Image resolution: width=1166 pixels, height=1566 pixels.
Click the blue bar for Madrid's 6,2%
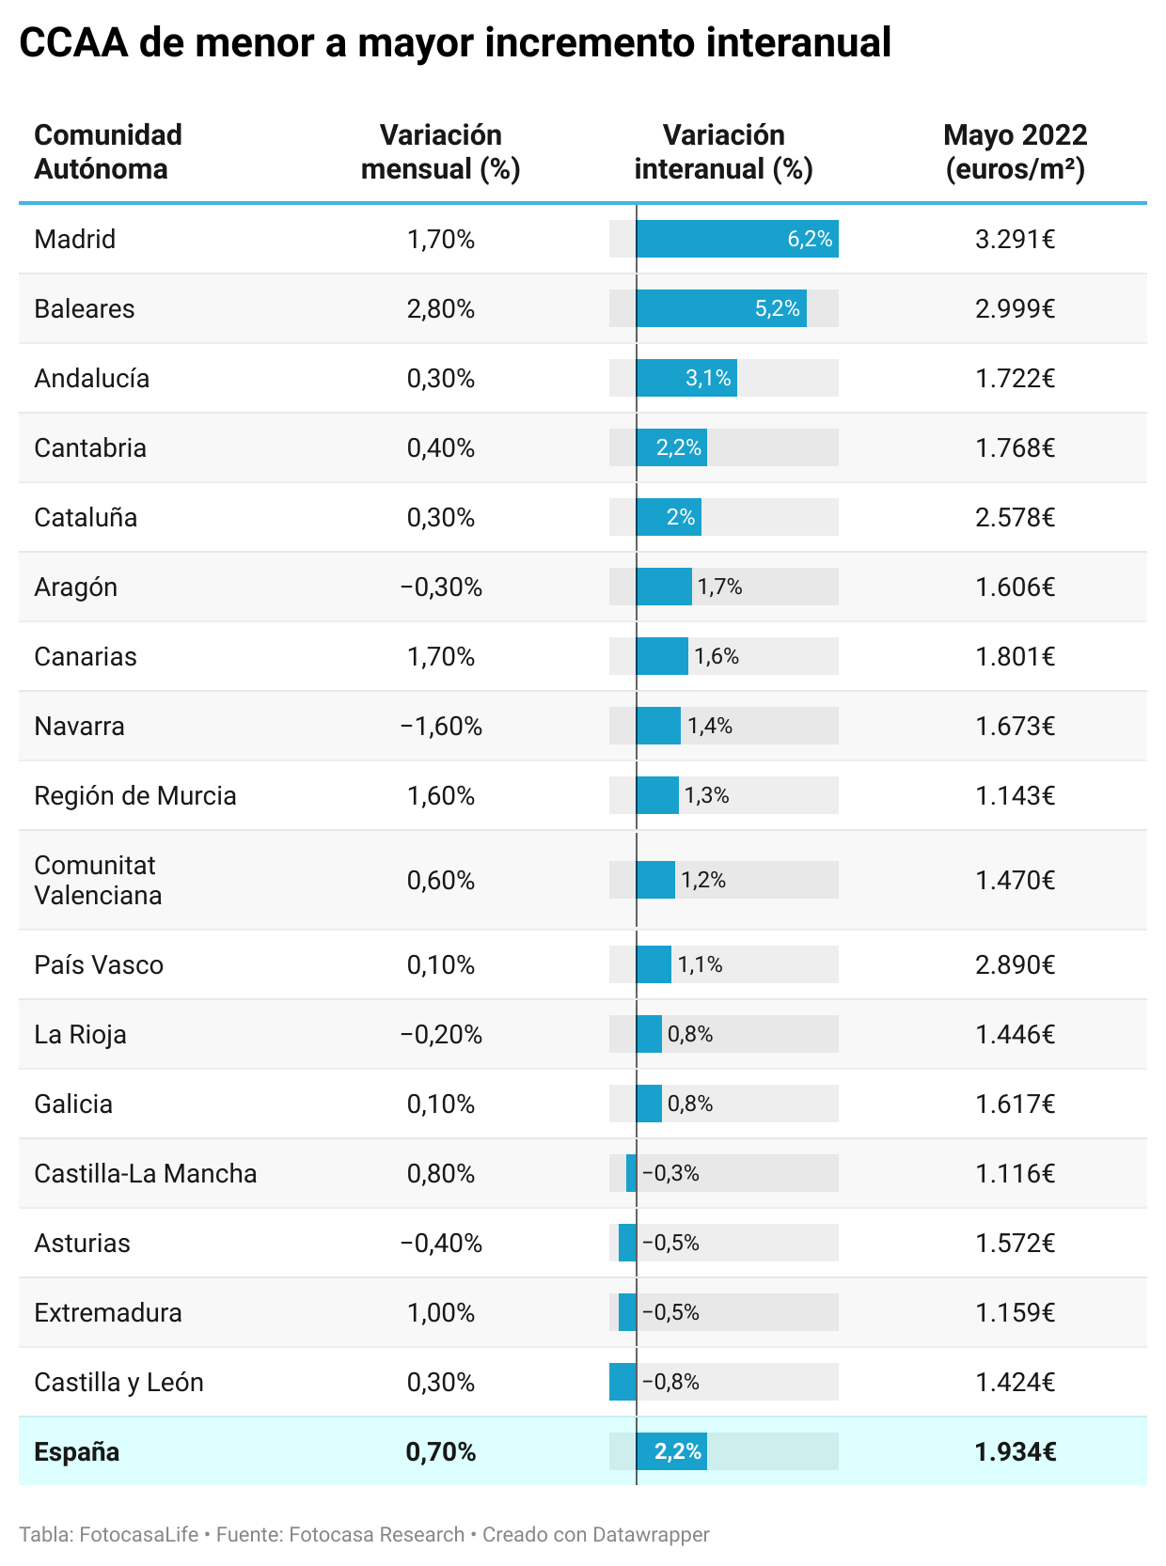click(737, 239)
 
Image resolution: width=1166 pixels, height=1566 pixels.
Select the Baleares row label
click(85, 308)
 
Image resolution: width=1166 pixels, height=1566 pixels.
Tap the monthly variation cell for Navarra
click(441, 726)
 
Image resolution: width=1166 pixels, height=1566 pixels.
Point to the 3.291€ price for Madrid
click(1015, 239)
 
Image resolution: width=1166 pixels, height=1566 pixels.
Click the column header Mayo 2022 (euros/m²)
click(1015, 151)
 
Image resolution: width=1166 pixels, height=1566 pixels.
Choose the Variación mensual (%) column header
click(441, 151)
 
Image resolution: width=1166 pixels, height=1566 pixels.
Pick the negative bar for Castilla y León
click(622, 1382)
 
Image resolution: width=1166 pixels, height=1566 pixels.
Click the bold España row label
click(77, 1451)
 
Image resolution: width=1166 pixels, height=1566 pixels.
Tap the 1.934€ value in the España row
click(1015, 1451)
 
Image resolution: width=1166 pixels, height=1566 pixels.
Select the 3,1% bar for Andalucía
click(686, 378)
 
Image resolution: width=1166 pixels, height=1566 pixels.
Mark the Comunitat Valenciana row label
click(98, 880)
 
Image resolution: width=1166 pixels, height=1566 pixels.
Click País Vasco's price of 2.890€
click(1015, 964)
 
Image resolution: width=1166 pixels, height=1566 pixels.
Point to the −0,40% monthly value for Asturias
click(441, 1243)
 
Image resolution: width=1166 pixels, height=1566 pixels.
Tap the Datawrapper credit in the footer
click(648, 1534)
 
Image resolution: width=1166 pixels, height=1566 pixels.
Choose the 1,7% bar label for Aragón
click(720, 587)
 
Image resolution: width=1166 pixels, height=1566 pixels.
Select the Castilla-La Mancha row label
click(146, 1173)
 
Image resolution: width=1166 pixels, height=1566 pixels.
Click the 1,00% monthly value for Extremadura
click(441, 1312)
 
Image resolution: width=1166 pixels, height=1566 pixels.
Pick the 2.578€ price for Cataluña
click(1015, 517)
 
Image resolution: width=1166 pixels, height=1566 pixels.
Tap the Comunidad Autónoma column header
click(108, 151)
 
